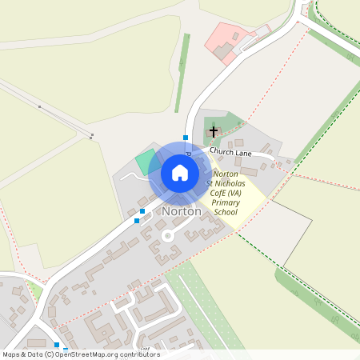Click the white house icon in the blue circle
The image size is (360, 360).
(x=180, y=173)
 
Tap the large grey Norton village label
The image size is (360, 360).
(x=182, y=212)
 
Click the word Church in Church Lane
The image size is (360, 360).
(x=221, y=150)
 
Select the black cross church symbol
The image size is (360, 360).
(x=214, y=130)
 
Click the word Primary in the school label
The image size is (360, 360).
(x=226, y=204)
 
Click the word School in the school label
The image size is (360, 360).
(x=226, y=214)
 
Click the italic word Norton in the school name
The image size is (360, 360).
(x=226, y=174)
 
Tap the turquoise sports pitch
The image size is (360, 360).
(x=145, y=162)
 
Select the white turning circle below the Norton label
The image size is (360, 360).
(x=168, y=236)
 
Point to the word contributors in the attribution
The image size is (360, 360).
(x=139, y=354)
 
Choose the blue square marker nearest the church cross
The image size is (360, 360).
(x=186, y=138)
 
